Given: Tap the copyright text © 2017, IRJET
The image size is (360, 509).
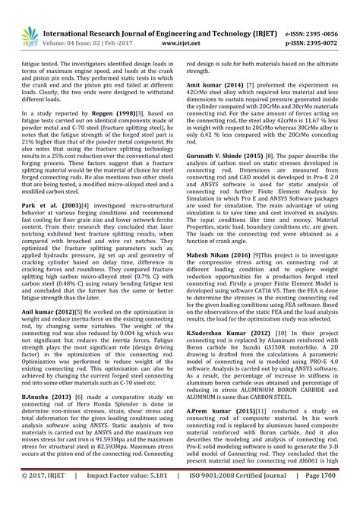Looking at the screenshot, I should (47, 497).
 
